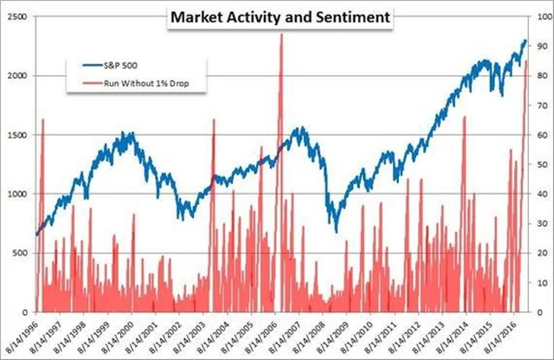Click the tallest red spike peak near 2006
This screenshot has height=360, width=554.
point(280,35)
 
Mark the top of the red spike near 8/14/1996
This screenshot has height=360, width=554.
point(42,119)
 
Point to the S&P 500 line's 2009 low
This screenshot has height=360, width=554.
point(334,230)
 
